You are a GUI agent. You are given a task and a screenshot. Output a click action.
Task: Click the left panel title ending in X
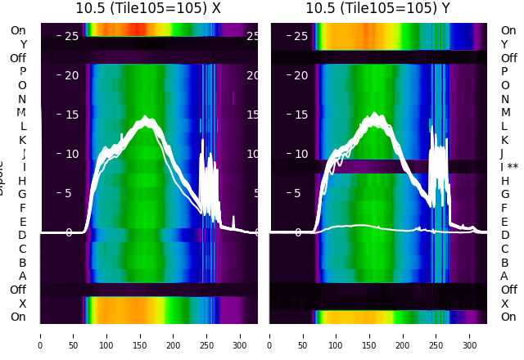click(148, 8)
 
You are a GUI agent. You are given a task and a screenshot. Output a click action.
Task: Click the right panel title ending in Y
click(378, 8)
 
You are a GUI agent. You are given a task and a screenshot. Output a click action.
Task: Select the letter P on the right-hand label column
click(504, 72)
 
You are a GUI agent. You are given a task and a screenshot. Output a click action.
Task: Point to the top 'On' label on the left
click(18, 30)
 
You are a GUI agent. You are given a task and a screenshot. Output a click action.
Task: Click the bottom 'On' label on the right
click(508, 317)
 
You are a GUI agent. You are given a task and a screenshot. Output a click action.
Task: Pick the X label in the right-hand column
click(504, 304)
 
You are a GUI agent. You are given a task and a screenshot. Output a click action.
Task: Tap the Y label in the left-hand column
click(23, 44)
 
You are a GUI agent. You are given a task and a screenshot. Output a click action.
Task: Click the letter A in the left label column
click(22, 276)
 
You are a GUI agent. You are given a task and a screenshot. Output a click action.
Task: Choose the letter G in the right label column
click(505, 194)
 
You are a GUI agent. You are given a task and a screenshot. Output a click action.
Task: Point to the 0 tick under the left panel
click(40, 335)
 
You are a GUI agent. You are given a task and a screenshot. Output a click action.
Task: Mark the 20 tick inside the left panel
click(71, 75)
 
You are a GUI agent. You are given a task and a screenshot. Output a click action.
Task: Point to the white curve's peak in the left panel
click(146, 119)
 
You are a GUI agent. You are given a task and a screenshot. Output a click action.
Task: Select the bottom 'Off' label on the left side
click(18, 290)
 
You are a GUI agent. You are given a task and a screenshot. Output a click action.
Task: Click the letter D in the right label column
click(504, 236)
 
